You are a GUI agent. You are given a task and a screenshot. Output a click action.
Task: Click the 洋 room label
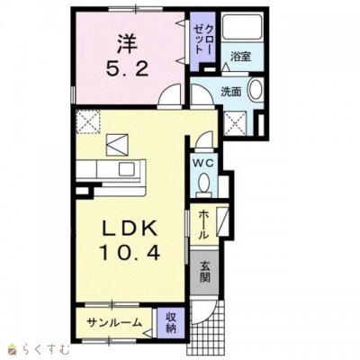coord(127,44)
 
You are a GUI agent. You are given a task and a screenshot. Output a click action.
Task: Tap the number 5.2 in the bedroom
coord(127,70)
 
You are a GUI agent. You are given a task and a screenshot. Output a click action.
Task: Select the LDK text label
coord(130,229)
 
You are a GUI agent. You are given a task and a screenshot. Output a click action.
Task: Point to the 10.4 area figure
coord(130,253)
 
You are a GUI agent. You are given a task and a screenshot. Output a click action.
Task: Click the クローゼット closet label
coord(203,39)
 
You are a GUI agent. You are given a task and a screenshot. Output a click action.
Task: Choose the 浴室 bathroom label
coord(240,57)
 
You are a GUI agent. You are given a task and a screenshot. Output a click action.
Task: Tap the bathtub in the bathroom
coord(242,26)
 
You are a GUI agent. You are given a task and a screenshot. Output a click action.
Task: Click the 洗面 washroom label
coord(231,92)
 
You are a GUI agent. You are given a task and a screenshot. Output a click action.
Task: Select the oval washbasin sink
coord(256,89)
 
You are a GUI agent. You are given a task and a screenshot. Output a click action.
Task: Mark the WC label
coord(203,164)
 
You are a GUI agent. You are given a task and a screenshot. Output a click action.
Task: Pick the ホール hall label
coord(203,224)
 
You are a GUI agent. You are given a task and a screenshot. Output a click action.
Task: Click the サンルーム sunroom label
coord(113,323)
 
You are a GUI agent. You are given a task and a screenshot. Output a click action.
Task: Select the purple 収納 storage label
coord(171,323)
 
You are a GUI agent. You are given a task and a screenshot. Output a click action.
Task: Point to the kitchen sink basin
coord(128,169)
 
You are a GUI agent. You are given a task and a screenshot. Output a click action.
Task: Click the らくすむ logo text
coord(45,349)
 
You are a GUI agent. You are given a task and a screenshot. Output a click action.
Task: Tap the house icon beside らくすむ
coord(13,349)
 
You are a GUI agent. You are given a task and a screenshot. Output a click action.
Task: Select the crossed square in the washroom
coord(236,123)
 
